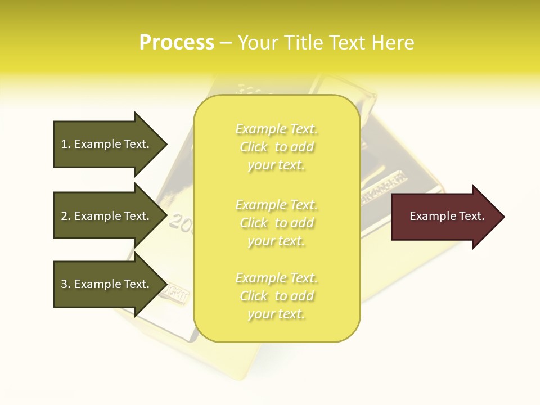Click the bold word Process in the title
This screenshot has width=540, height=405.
click(177, 42)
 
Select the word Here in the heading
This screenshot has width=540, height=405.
click(393, 42)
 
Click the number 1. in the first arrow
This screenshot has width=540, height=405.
click(65, 144)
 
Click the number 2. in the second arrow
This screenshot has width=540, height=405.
click(65, 216)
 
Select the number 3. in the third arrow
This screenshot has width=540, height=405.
click(65, 284)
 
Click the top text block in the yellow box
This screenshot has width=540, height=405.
click(276, 147)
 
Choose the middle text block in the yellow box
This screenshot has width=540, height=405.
click(276, 223)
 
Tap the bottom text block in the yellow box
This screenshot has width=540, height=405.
click(276, 296)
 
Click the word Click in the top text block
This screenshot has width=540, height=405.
click(254, 147)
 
